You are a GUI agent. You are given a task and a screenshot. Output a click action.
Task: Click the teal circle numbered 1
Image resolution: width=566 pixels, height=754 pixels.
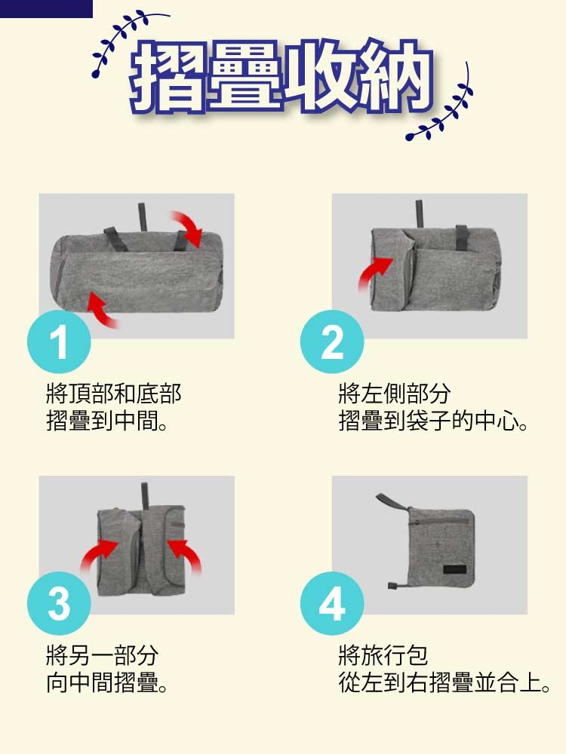point(59,342)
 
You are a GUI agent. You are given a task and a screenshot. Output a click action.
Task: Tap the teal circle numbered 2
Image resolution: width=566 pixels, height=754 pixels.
point(332,342)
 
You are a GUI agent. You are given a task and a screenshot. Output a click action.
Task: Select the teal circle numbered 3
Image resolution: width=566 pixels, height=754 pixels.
point(59,603)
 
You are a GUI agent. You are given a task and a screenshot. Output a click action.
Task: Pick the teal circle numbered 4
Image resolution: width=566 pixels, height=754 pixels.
point(332,603)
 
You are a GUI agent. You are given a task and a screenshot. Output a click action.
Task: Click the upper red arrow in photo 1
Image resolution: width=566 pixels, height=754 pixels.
point(188,228)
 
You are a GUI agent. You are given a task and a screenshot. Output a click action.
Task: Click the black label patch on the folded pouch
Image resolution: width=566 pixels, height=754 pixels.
point(455,569)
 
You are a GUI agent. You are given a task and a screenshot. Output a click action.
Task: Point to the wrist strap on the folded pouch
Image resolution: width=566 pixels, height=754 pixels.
point(392,503)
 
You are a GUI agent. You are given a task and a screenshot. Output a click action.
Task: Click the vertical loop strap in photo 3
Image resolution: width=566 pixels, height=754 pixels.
point(144,496)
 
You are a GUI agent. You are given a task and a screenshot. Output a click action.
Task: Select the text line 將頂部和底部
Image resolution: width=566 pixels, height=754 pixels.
point(114,394)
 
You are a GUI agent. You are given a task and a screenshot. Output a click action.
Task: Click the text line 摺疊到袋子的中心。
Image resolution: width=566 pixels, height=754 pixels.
point(433,421)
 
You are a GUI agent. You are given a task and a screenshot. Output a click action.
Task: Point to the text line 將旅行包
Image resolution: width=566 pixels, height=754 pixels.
point(383,655)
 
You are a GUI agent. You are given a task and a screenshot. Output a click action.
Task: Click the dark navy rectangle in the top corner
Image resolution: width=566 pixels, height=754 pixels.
point(46,8)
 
